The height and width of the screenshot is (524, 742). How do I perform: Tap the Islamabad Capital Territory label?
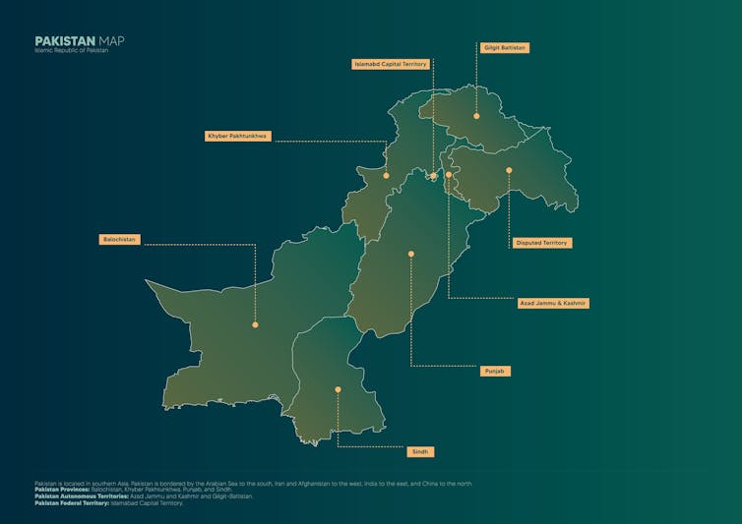(x=391, y=64)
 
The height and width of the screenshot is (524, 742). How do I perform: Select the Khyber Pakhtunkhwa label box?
(x=237, y=136)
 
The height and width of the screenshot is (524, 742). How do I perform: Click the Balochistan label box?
(x=120, y=239)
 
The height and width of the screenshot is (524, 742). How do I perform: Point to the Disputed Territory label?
(x=541, y=242)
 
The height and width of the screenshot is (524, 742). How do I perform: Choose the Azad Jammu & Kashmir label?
(x=553, y=303)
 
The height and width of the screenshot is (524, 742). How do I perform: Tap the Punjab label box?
(x=495, y=371)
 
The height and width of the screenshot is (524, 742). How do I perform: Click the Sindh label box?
(x=420, y=451)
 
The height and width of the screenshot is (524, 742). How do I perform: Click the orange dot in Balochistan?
(x=255, y=324)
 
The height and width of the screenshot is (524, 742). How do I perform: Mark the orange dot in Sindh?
(x=338, y=389)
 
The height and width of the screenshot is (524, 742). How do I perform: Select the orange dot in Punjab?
(x=411, y=254)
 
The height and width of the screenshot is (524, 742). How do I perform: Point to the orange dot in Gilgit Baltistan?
(x=476, y=116)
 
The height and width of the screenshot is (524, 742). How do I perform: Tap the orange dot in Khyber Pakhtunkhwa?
(x=386, y=176)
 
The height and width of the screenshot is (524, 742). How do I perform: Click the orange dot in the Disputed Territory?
(x=509, y=170)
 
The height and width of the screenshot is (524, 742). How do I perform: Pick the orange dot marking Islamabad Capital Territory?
(x=433, y=177)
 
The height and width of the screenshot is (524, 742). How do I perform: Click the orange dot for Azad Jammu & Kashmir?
(x=449, y=175)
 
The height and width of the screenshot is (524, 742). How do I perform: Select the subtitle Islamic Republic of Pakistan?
(x=71, y=50)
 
